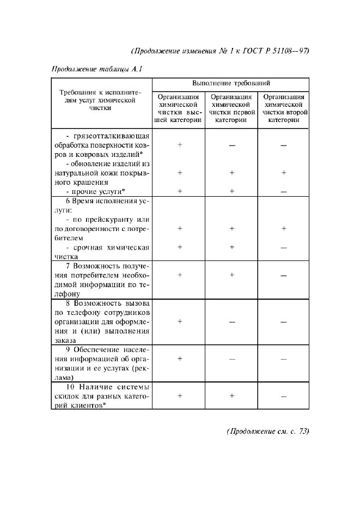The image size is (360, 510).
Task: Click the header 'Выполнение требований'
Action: pos(231,83)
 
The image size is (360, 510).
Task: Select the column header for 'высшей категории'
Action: pos(179,109)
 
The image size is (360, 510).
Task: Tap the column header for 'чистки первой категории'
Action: pos(231,109)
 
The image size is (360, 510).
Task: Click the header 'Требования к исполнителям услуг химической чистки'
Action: pos(101,100)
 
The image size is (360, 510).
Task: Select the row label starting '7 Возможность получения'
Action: pos(101,280)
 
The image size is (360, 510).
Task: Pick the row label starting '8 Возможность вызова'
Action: pos(101,321)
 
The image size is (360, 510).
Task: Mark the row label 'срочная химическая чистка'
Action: pos(101,251)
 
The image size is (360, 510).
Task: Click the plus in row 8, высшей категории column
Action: pos(179,321)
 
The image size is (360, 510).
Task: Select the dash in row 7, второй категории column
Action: pos(283,276)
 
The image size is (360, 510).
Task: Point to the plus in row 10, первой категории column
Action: pos(231,396)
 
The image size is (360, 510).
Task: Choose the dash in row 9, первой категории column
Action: pos(231,359)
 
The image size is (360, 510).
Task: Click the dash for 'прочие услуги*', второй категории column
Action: pos(283,192)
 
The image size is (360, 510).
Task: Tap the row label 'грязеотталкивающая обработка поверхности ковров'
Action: pos(101,145)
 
